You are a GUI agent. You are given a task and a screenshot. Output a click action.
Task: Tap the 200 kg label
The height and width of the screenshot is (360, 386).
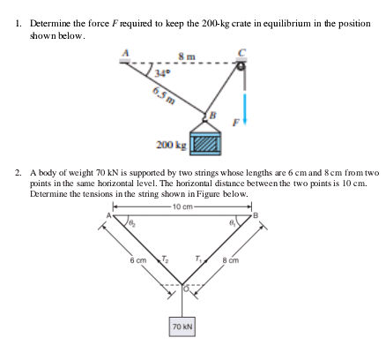coord(170,145)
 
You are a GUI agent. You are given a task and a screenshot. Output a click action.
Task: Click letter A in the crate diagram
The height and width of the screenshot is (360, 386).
coord(126,52)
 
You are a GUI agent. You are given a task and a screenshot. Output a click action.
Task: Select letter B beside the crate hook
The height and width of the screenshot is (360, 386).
coord(212,114)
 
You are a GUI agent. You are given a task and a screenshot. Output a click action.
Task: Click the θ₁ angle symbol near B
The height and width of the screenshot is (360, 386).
coord(234,225)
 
